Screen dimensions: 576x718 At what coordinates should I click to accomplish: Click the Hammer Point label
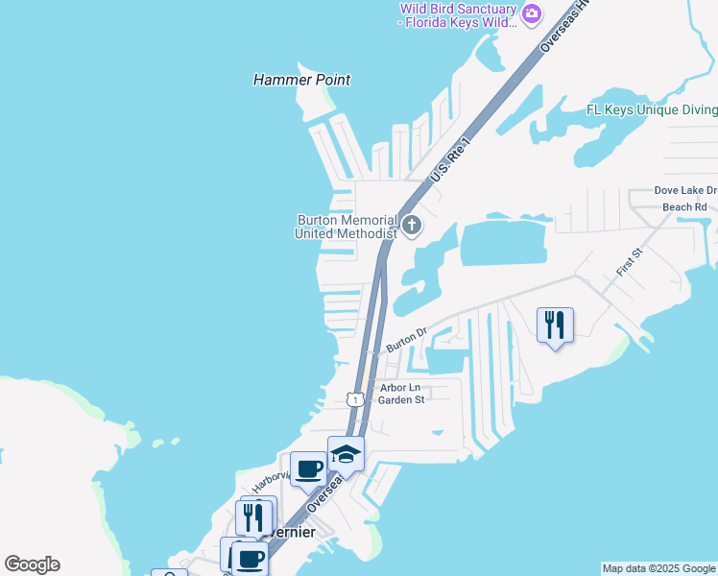click(x=301, y=80)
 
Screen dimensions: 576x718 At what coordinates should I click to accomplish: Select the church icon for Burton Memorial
click(x=412, y=227)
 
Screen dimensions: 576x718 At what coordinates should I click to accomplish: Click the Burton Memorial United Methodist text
click(x=346, y=227)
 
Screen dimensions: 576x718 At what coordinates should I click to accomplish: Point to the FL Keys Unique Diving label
click(x=652, y=109)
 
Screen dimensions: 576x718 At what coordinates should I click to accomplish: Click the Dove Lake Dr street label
click(x=684, y=190)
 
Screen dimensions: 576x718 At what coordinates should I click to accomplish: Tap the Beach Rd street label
click(x=684, y=206)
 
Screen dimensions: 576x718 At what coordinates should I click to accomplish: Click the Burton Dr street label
click(x=406, y=339)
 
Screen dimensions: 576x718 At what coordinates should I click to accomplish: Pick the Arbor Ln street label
click(x=400, y=388)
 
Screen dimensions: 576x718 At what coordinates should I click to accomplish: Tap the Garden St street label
click(x=400, y=400)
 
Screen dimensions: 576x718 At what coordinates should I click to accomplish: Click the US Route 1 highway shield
click(x=355, y=398)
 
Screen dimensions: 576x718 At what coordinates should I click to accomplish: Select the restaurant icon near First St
click(x=555, y=325)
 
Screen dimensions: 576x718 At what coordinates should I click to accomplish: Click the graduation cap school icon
click(x=346, y=454)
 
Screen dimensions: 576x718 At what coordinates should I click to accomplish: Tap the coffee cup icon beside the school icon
click(x=309, y=469)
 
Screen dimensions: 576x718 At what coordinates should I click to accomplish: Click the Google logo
click(x=32, y=564)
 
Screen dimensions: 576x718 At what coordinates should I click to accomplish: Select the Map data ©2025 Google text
click(x=658, y=568)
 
